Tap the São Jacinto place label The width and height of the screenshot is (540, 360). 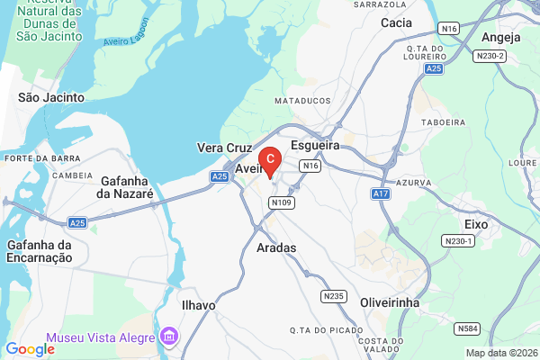click(51, 96)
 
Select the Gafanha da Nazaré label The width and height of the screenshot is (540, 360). click(126, 187)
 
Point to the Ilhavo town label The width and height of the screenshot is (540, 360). click(198, 305)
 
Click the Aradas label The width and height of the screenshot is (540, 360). click(276, 247)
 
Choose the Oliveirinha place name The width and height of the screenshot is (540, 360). click(390, 303)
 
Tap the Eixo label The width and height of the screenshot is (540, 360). click(476, 222)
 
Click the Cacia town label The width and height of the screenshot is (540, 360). click(397, 22)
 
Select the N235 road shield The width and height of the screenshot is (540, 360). click(333, 295)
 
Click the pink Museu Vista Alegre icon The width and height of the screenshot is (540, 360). click(168, 337)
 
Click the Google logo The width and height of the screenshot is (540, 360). click(31, 349)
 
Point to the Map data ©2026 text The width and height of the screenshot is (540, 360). click(499, 353)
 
